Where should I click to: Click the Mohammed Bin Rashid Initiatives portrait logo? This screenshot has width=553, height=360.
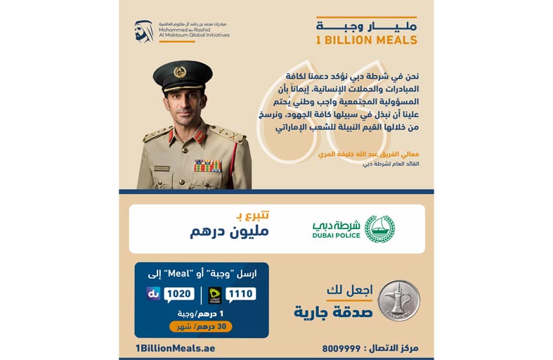pyautogui.click(x=144, y=32)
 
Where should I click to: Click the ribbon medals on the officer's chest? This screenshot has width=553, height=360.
pyautogui.click(x=207, y=166)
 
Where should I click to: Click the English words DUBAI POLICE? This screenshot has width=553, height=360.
pyautogui.click(x=335, y=236)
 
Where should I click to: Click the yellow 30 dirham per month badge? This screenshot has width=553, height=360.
pyautogui.click(x=200, y=326)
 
